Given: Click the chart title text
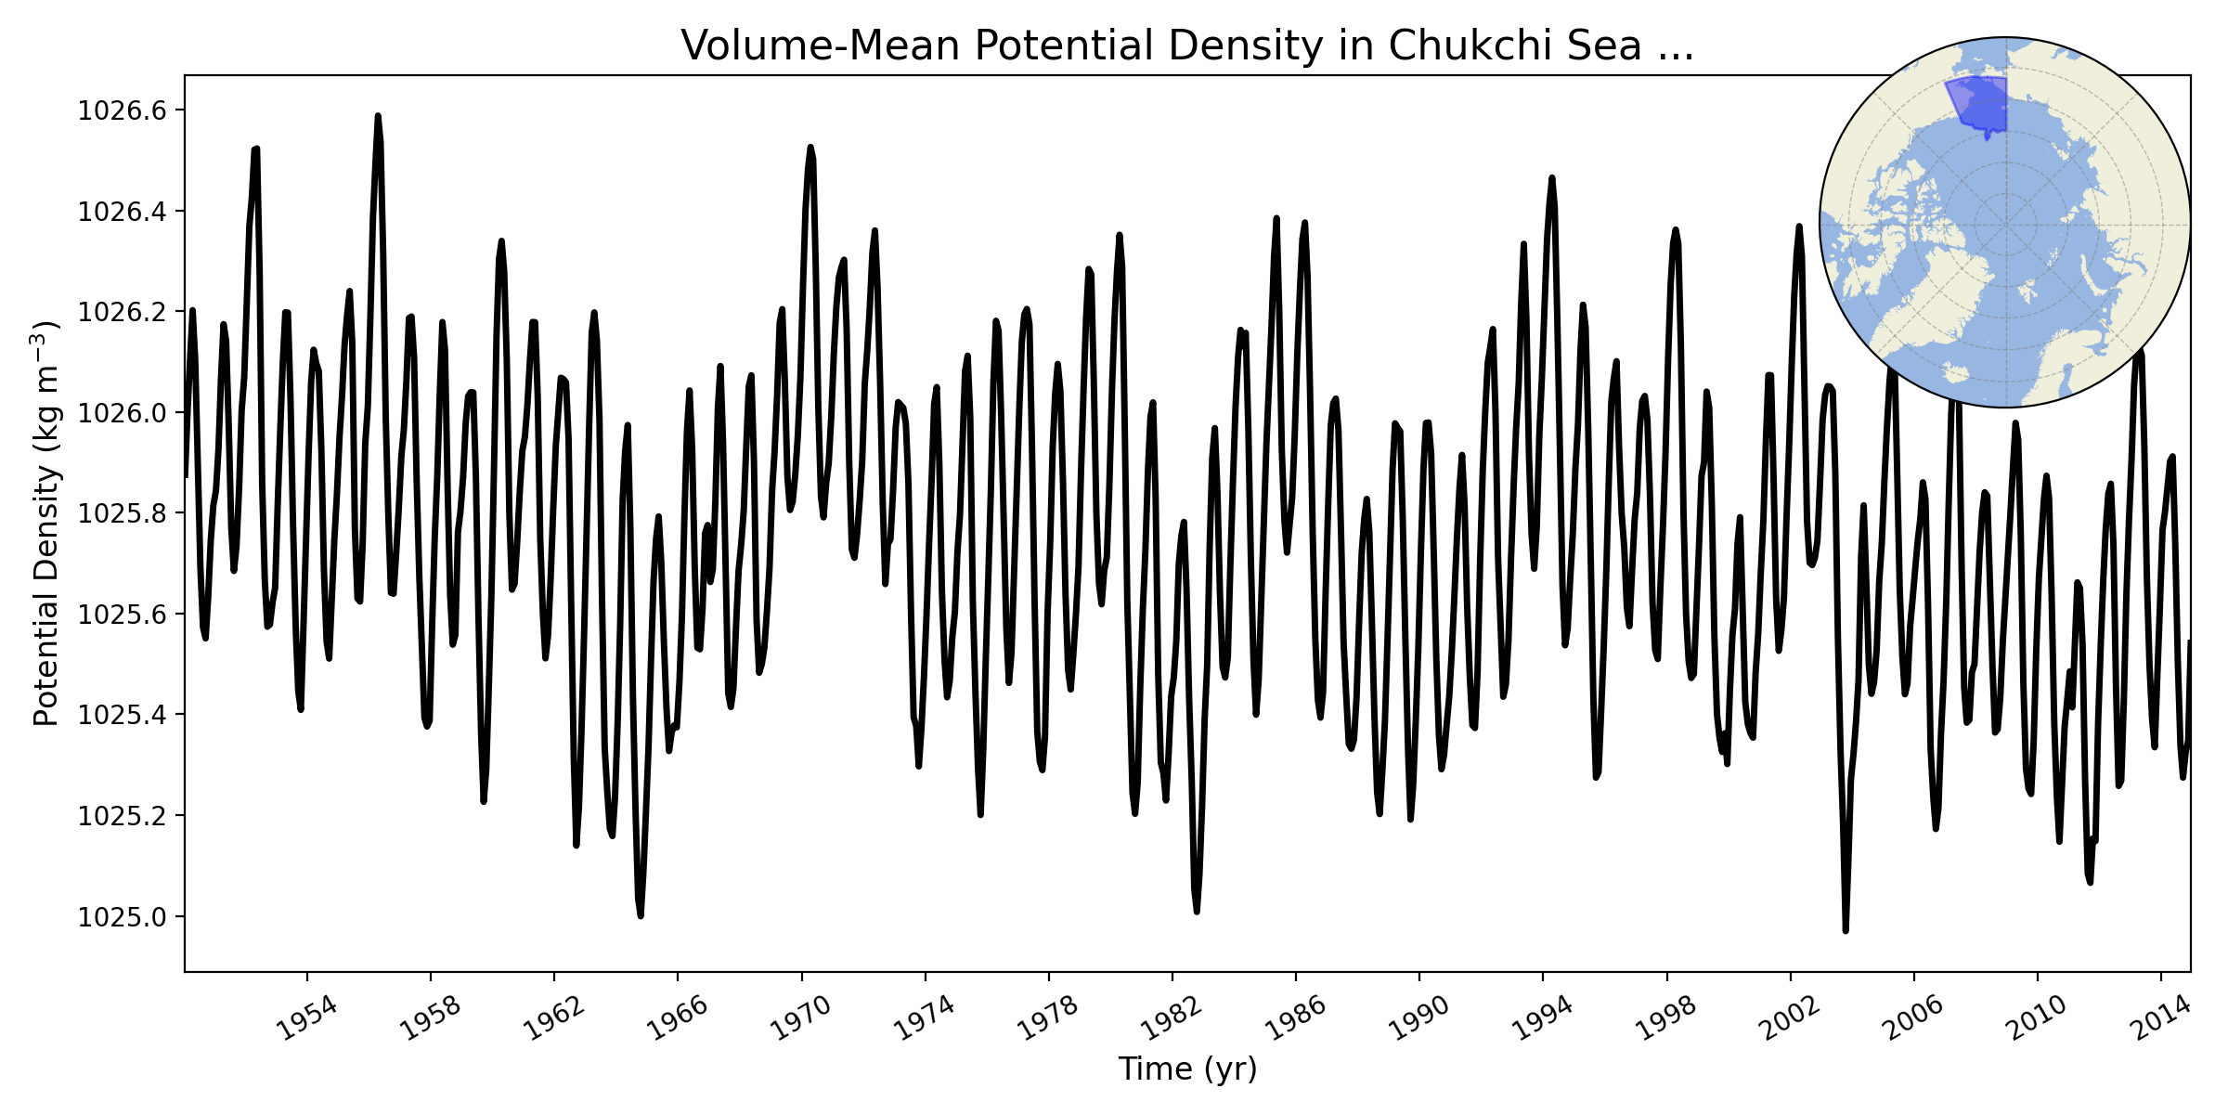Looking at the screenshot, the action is click(x=1187, y=45).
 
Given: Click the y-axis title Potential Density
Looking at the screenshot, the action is click(x=46, y=524).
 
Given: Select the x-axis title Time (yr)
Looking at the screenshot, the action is click(x=1187, y=1069).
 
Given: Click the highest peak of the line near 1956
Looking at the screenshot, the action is click(x=378, y=116).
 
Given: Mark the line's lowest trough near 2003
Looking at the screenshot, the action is click(x=1846, y=930).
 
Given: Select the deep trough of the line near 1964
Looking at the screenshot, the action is click(x=641, y=915).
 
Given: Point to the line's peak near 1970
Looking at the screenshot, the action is click(x=810, y=147).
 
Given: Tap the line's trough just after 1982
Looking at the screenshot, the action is click(x=1197, y=912).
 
